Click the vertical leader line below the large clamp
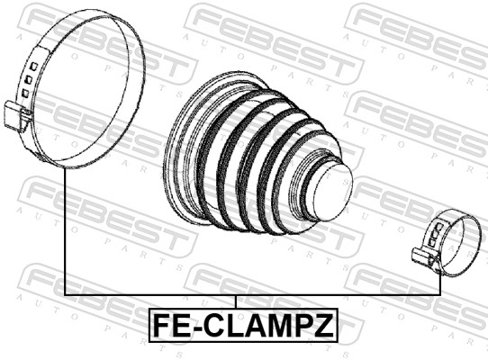click(66, 234)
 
